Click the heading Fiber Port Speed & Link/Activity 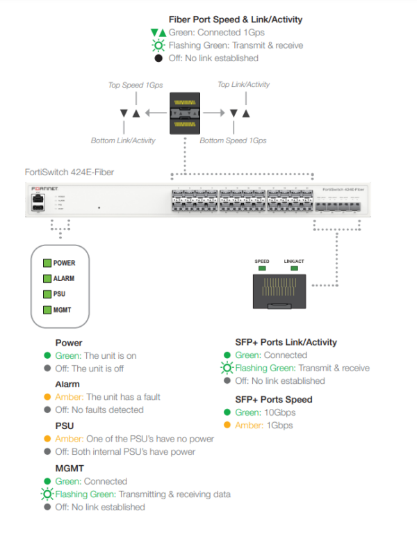235,20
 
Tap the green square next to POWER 47,263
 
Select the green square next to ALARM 47,278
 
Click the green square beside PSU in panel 47,294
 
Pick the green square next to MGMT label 47,309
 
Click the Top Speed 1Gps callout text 135,85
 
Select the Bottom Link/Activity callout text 123,140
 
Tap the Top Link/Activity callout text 243,85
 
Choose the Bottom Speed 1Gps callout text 233,140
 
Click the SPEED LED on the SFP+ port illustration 262,268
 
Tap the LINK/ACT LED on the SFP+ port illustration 293,268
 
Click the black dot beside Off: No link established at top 158,58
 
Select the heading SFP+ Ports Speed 274,399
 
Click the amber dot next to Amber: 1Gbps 227,426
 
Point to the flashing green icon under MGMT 47,494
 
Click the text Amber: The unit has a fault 108,397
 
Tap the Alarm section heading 67,384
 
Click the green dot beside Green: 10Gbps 227,412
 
